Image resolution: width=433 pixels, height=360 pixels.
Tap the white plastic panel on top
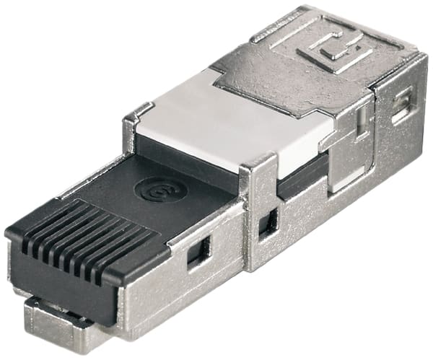coord(238,123)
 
